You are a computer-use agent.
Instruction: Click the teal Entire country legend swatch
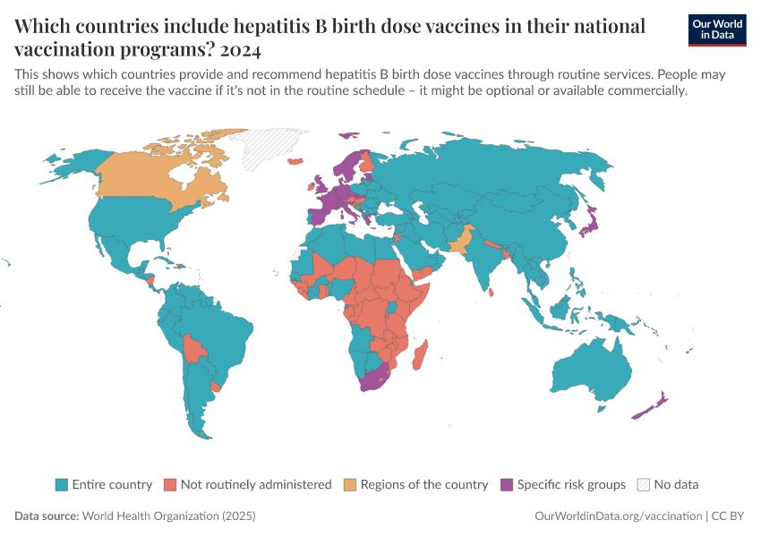[61, 484]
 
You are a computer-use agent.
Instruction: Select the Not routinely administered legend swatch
[170, 484]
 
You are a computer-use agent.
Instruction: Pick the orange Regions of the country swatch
[350, 484]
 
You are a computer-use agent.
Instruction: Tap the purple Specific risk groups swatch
[507, 484]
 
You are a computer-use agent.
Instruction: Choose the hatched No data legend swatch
[643, 484]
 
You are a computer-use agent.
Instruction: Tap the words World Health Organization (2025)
[168, 516]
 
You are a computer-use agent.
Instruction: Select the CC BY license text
[730, 516]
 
